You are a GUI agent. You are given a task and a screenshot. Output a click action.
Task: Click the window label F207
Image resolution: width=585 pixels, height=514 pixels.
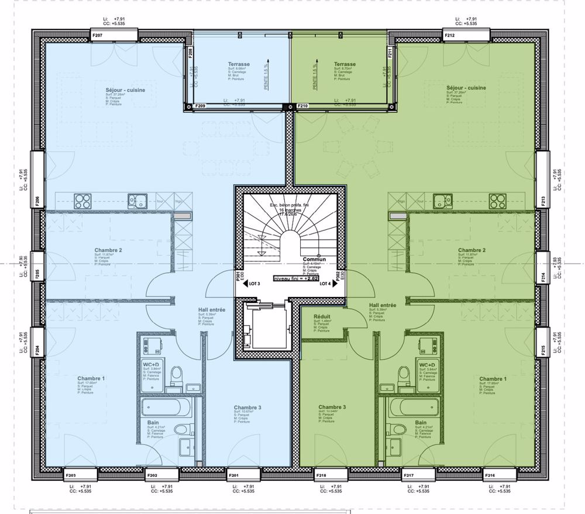[x=98, y=36]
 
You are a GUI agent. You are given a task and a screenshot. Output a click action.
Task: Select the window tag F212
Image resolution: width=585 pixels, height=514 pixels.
[x=450, y=36]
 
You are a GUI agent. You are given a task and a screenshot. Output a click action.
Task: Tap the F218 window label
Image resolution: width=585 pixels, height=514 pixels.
[x=321, y=475]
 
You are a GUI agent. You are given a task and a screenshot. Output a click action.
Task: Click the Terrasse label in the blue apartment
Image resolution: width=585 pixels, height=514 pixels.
[x=239, y=64]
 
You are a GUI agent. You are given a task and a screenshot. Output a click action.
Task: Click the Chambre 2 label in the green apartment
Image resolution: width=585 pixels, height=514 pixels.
[x=472, y=250]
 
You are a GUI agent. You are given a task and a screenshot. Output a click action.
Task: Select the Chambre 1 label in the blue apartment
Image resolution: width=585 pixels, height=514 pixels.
[x=91, y=379]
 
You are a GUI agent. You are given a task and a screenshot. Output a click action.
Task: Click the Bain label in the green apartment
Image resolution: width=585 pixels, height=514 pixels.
[x=421, y=422]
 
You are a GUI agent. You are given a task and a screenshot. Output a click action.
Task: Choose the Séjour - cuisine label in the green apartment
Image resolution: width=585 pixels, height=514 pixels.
[x=465, y=88]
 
